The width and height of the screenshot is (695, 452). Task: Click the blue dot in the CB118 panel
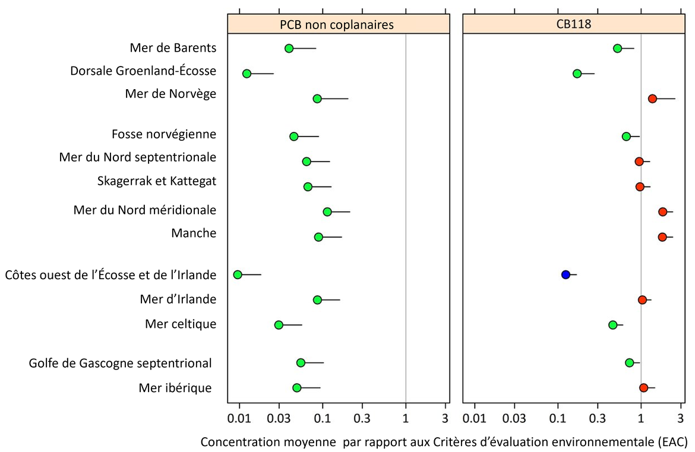point(566,274)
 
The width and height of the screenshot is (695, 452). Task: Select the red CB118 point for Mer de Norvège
point(652,99)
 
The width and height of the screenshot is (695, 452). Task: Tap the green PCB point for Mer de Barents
point(289,48)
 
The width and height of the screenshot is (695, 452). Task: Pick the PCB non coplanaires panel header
point(337,25)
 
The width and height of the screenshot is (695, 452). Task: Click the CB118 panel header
point(574,25)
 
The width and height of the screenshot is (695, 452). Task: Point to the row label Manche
point(193,233)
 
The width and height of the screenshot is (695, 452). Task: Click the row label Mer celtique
point(181,324)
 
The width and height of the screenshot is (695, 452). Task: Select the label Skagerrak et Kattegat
point(157,181)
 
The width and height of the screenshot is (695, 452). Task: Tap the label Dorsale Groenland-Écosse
point(143,71)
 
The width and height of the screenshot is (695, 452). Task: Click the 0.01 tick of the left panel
point(239,418)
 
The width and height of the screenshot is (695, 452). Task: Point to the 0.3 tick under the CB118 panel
point(598,418)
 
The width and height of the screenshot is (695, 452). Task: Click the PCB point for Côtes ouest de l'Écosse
point(238,274)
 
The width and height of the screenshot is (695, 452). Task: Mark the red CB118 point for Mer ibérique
point(643,388)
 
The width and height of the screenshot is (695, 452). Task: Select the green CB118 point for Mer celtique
point(613,325)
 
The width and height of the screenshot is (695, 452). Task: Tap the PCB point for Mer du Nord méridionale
point(327,212)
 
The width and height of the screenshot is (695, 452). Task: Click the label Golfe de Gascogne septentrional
point(121,363)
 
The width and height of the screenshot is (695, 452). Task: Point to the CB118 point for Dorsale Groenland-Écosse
point(577,74)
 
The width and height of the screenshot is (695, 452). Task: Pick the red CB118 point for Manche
point(662,237)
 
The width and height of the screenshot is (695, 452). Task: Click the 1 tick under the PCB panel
point(406,418)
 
